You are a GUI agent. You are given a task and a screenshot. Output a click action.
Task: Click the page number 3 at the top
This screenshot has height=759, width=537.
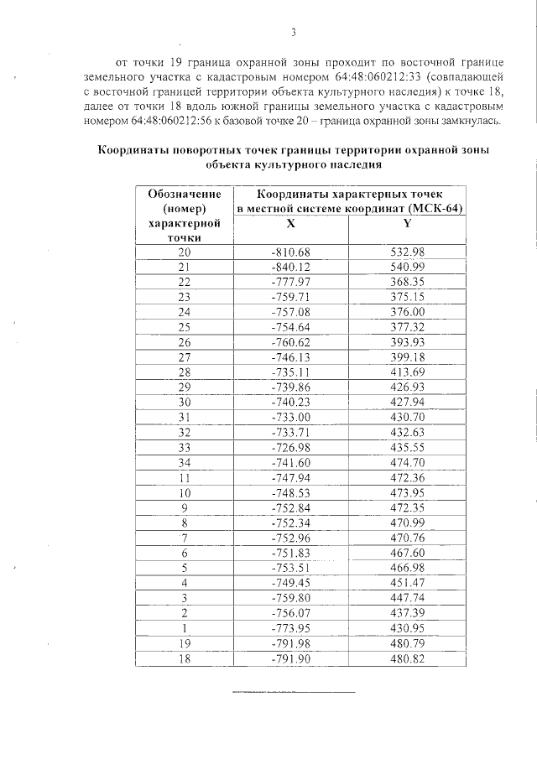[x=294, y=33]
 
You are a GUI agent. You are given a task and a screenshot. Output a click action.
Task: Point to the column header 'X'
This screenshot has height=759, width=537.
[x=290, y=224]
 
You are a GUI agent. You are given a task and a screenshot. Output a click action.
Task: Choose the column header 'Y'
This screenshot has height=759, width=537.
[x=407, y=224]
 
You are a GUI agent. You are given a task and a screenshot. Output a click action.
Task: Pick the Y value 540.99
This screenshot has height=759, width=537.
[x=408, y=267]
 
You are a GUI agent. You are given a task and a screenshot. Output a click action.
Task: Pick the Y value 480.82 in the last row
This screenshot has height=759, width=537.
[x=408, y=658]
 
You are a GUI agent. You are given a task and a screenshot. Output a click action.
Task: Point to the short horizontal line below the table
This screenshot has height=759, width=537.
[x=293, y=692]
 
